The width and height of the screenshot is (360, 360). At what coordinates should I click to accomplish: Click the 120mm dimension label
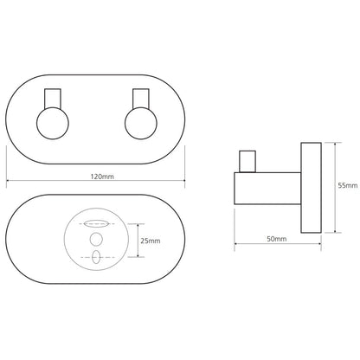102,177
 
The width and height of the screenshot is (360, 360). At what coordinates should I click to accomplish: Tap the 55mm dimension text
348,185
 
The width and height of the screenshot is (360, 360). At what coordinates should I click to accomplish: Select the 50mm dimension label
276,239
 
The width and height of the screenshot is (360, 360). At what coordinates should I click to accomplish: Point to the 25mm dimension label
151,241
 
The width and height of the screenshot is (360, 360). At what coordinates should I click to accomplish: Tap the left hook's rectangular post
53,99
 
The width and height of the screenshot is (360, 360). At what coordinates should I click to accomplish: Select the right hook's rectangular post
141,99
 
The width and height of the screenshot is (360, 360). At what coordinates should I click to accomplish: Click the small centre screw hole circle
96,239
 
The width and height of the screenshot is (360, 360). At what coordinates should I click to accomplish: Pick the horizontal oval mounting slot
96,223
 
